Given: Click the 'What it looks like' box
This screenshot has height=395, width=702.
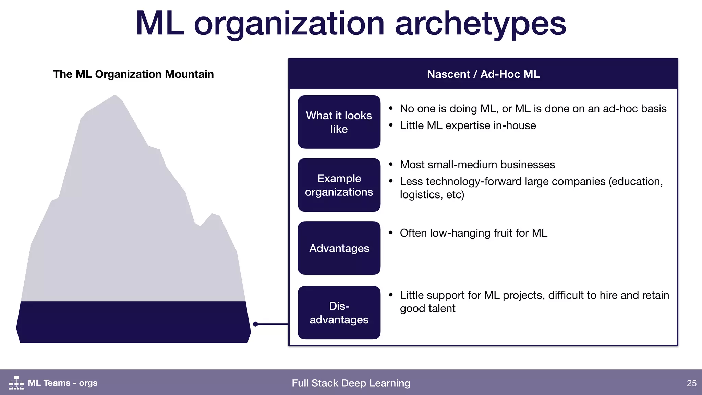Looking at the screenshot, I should click(x=339, y=122).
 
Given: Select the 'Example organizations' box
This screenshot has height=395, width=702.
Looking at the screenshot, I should click(x=339, y=185).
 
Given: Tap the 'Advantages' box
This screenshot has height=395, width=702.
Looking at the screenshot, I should click(x=339, y=248).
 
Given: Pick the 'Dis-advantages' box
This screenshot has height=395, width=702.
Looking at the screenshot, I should click(x=339, y=313).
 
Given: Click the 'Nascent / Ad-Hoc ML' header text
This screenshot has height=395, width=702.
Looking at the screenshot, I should click(x=483, y=74).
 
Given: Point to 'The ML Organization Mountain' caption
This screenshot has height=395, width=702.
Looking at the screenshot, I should click(x=133, y=74).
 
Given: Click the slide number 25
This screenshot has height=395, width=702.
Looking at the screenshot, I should click(x=691, y=383).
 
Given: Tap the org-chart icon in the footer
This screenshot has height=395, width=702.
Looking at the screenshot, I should click(x=16, y=383).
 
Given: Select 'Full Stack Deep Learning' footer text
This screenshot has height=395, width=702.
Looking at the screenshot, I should click(x=351, y=383).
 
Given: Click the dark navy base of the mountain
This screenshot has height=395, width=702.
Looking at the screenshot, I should click(x=133, y=322).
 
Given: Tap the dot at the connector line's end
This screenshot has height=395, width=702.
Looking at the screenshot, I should click(x=255, y=324).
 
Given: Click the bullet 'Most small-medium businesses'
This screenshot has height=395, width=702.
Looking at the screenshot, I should click(x=477, y=165).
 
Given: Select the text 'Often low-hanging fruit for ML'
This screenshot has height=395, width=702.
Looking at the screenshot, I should click(x=473, y=233).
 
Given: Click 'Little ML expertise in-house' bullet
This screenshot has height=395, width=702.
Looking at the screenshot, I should click(x=468, y=125).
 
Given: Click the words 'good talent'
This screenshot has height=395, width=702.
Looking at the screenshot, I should click(x=427, y=308).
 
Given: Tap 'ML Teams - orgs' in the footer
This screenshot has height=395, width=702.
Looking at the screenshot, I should click(x=62, y=383).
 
